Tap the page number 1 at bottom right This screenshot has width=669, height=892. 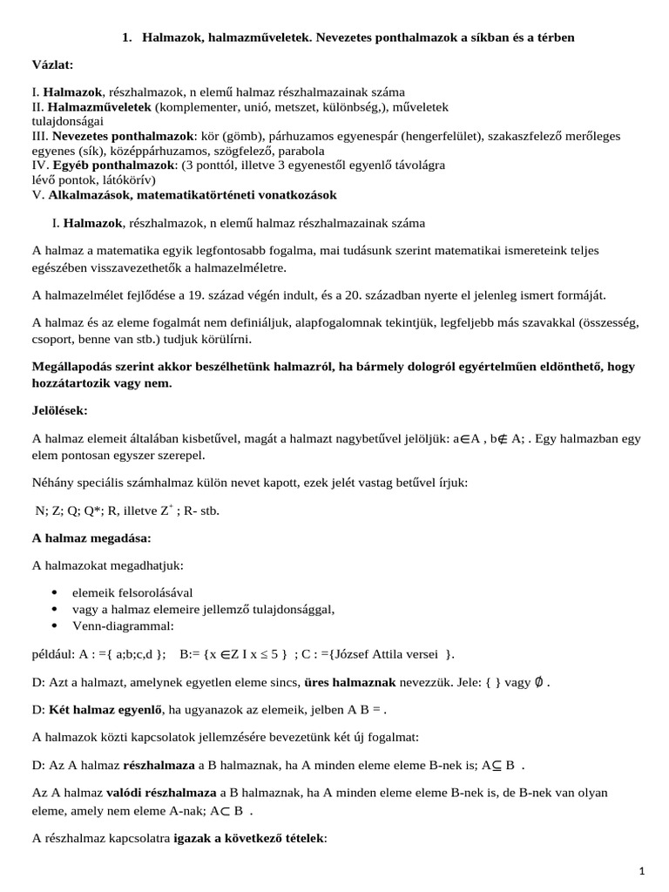click(x=640, y=870)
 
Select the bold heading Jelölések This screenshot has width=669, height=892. click(x=61, y=409)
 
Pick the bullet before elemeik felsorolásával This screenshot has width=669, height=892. click(x=56, y=592)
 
